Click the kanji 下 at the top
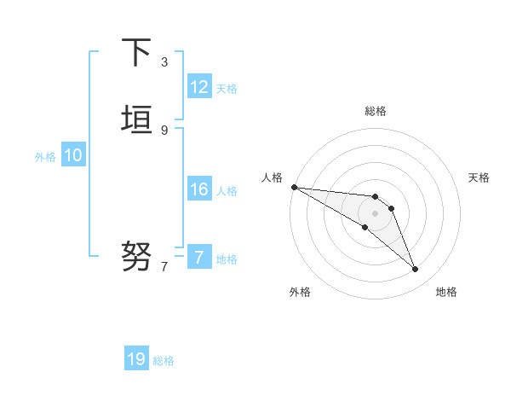[137, 53]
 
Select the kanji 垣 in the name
[137, 119]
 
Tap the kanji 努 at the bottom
[137, 254]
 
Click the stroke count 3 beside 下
[164, 62]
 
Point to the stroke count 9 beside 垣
[164, 130]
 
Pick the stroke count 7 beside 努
[164, 267]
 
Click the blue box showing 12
[199, 87]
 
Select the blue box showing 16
[199, 189]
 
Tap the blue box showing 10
[73, 155]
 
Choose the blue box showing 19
[136, 359]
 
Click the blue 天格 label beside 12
[227, 89]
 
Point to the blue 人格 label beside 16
[227, 191]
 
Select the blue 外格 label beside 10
[45, 157]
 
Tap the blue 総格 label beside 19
[164, 361]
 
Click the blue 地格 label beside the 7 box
[227, 259]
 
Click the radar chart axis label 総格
[375, 111]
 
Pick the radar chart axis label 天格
[479, 177]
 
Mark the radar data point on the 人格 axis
[294, 187]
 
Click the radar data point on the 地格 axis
[416, 270]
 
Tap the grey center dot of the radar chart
[375, 213]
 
